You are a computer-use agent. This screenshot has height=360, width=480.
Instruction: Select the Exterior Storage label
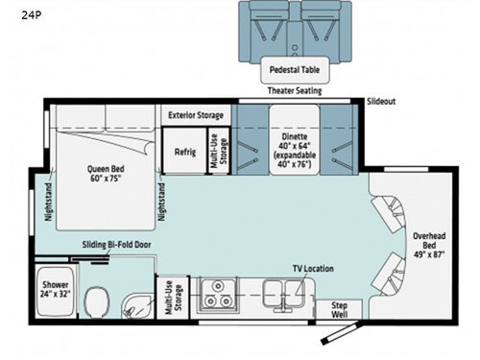[x=196, y=115]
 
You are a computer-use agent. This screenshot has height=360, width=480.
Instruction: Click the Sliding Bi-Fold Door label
[x=116, y=246]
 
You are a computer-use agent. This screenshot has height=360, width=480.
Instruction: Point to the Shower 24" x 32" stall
[x=55, y=290]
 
